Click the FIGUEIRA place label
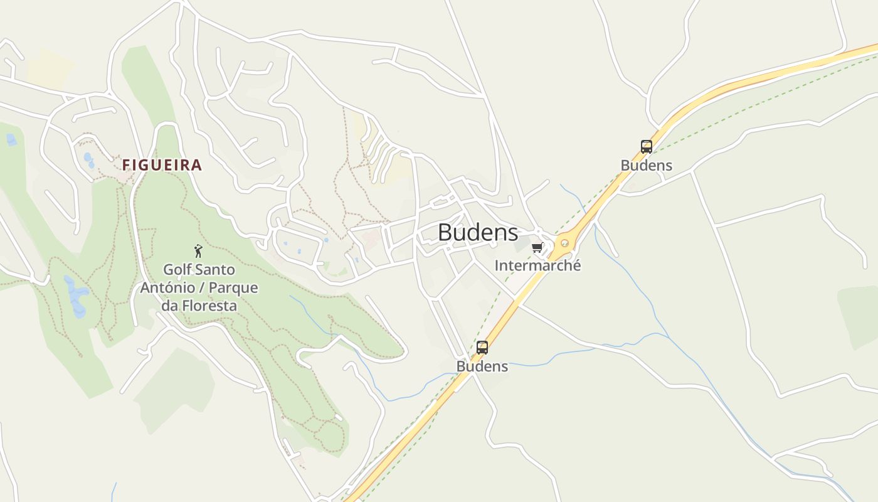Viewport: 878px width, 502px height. pyautogui.click(x=162, y=165)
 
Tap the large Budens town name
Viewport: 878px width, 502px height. pyautogui.click(x=478, y=232)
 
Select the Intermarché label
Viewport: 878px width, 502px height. pyautogui.click(x=537, y=265)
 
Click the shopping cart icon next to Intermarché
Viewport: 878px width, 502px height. pyautogui.click(x=537, y=248)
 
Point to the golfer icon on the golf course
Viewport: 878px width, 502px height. pyautogui.click(x=198, y=251)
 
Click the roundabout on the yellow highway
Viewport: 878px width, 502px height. pyautogui.click(x=564, y=243)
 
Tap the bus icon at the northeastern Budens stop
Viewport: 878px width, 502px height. pyautogui.click(x=646, y=147)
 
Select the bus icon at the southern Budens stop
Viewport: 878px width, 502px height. pyautogui.click(x=482, y=347)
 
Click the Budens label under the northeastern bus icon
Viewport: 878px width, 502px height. pyautogui.click(x=646, y=166)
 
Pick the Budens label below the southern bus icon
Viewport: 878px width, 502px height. pyautogui.click(x=482, y=366)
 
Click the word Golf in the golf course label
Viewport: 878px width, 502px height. pyautogui.click(x=176, y=270)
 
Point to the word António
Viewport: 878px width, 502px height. pyautogui.click(x=164, y=288)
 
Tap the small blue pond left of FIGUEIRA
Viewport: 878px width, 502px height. pyautogui.click(x=89, y=161)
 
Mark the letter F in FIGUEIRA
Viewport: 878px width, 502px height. pyautogui.click(x=125, y=165)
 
